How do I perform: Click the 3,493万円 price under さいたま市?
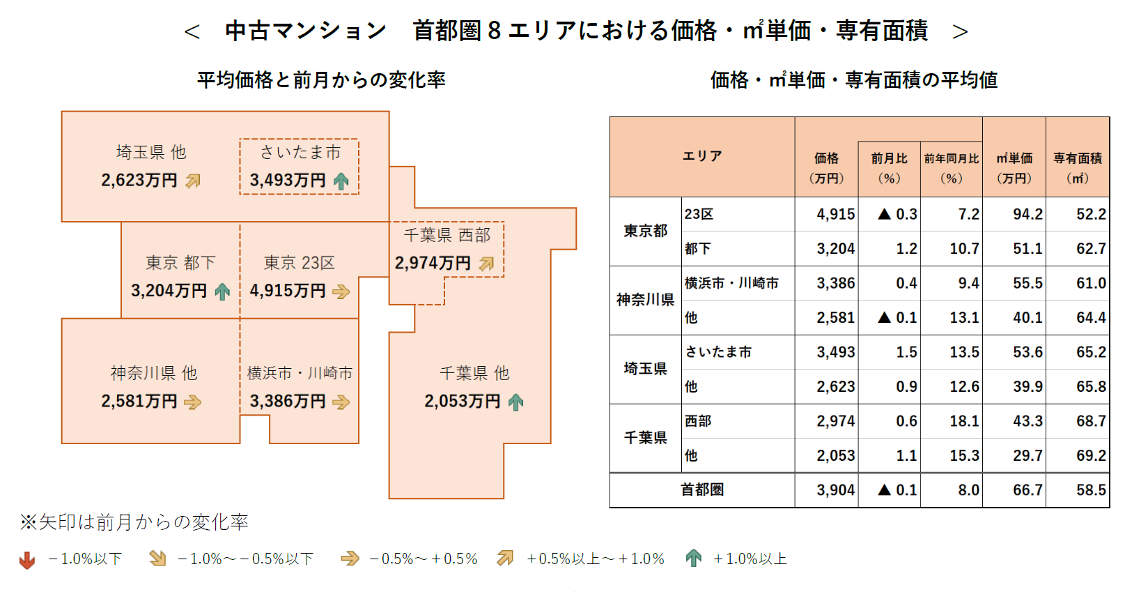(288, 181)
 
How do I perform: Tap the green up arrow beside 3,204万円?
(222, 291)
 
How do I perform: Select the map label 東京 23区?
(300, 263)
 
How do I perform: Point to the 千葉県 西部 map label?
(447, 235)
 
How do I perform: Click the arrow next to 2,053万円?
(515, 402)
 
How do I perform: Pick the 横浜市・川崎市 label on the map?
(300, 374)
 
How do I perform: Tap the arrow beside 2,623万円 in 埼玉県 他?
(193, 181)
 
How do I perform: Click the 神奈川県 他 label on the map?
(153, 374)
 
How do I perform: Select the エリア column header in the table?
(701, 156)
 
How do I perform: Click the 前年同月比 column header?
(951, 167)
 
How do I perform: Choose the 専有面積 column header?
(1077, 167)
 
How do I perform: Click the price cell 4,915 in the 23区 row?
(835, 214)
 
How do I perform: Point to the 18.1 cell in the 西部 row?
(964, 421)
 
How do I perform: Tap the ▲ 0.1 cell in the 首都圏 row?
(897, 490)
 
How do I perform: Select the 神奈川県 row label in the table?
(645, 300)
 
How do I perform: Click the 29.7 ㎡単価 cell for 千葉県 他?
(1027, 456)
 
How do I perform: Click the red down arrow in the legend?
(27, 560)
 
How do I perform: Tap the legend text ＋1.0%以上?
(750, 559)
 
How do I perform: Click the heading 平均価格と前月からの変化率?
(321, 80)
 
